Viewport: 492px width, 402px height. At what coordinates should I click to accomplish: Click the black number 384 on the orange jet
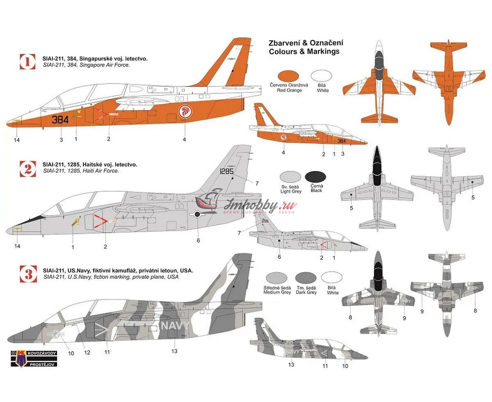click(x=60, y=120)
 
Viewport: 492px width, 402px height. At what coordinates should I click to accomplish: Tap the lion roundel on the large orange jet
click(x=185, y=111)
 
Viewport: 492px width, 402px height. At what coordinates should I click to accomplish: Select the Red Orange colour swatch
click(x=289, y=76)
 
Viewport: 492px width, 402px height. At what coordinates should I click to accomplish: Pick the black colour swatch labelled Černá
click(x=315, y=177)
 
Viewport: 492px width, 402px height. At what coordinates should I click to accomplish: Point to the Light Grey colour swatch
click(x=290, y=177)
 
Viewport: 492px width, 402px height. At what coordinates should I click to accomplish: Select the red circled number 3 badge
click(x=28, y=273)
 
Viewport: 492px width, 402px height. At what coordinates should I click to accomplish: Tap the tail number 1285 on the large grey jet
click(x=227, y=172)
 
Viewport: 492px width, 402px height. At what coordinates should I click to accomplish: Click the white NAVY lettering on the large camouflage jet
click(x=175, y=326)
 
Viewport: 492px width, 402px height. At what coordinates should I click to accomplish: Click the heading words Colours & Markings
click(x=304, y=52)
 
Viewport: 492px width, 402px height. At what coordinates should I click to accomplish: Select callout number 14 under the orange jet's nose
click(x=17, y=140)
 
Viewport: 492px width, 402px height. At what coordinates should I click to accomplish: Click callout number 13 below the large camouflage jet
click(x=175, y=351)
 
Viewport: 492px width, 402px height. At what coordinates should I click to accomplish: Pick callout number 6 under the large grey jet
click(x=198, y=241)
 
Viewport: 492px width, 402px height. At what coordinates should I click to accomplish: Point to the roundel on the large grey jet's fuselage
click(x=197, y=214)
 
